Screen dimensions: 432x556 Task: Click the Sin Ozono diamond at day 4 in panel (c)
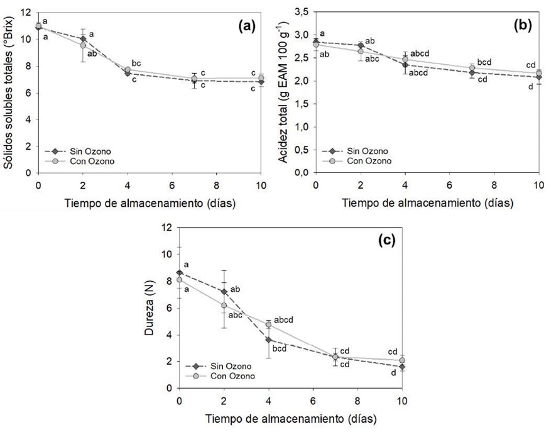(268, 340)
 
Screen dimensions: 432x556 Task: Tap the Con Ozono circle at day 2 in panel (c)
(224, 306)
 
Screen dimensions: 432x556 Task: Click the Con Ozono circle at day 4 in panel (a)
(127, 70)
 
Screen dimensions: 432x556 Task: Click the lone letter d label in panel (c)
(393, 374)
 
